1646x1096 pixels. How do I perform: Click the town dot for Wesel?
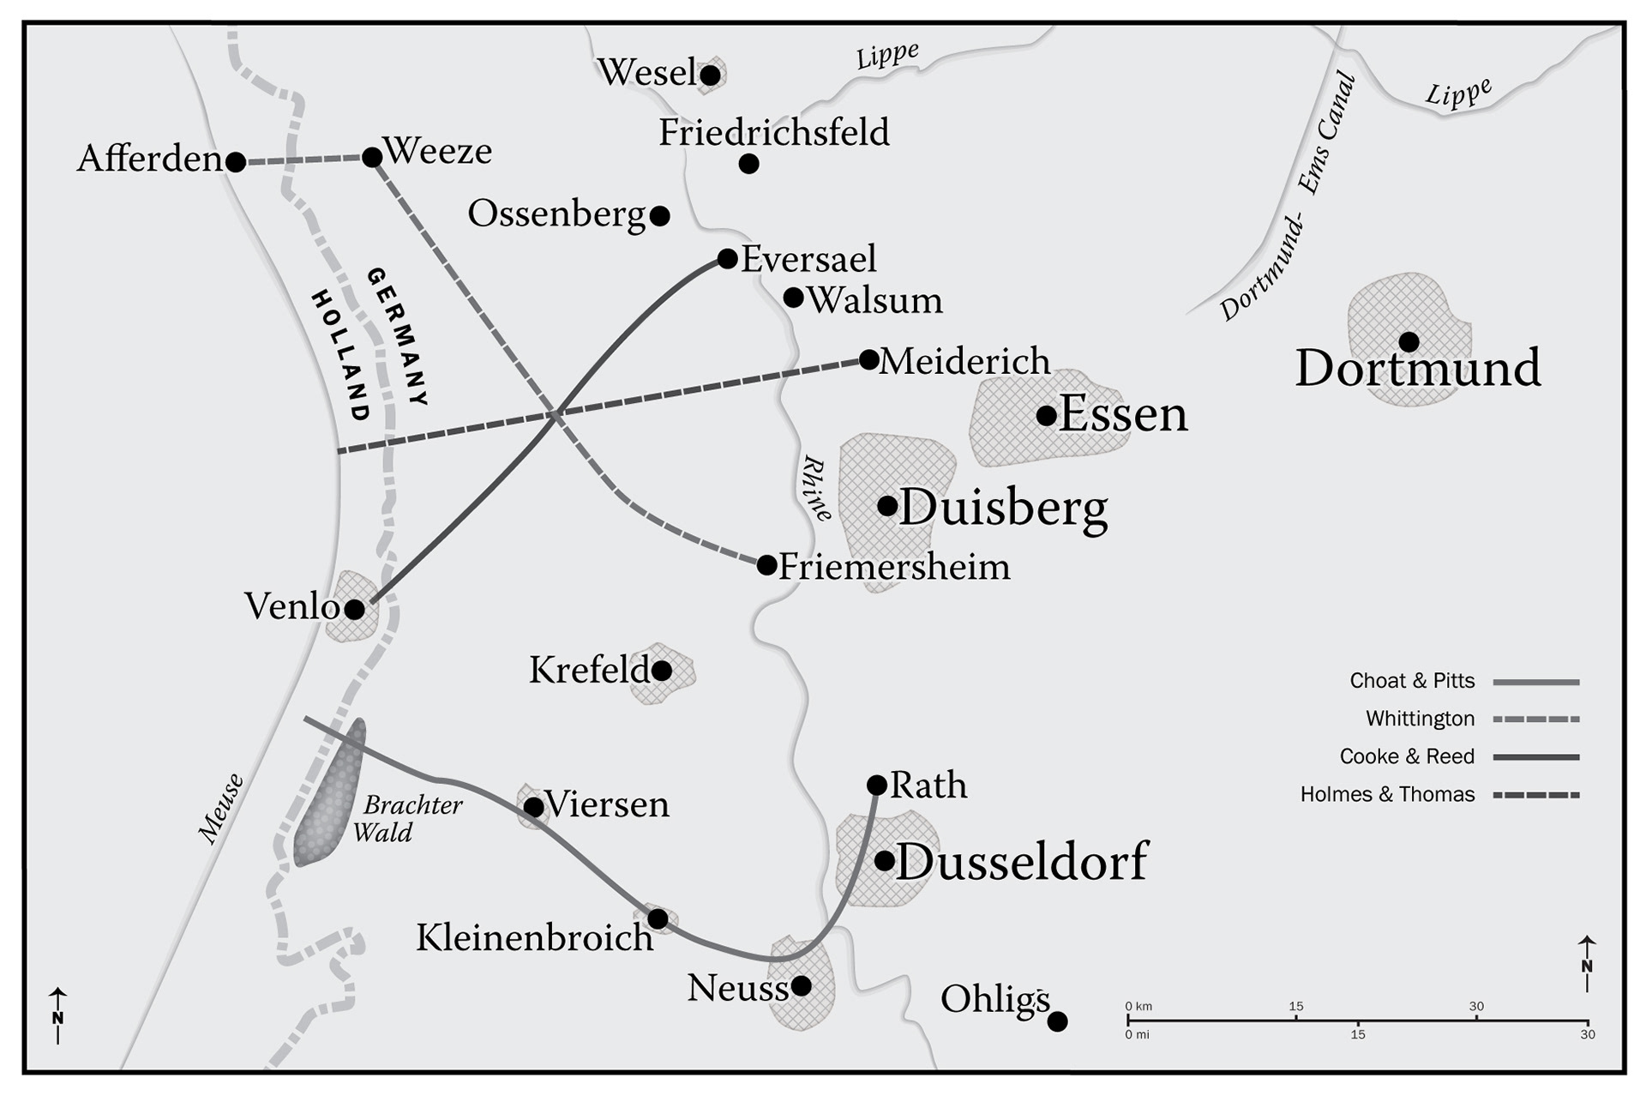(x=710, y=75)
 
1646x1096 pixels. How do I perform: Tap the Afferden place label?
(x=150, y=159)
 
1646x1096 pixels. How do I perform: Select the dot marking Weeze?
(x=371, y=158)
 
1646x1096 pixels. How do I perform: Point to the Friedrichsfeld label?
(x=773, y=133)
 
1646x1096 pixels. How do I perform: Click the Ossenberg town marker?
(x=659, y=215)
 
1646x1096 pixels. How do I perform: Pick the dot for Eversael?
(x=727, y=258)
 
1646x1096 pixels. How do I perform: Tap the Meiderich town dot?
(x=868, y=358)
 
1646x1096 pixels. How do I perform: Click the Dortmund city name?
(x=1417, y=369)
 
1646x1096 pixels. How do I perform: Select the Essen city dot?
(x=1046, y=416)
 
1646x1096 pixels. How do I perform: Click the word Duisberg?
(x=1003, y=508)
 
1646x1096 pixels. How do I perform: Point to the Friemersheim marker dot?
(x=766, y=565)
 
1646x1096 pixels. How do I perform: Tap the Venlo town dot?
(x=354, y=610)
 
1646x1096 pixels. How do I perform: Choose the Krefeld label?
(x=590, y=671)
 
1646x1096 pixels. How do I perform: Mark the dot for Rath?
(x=876, y=785)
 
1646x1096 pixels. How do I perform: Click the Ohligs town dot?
(x=1058, y=1021)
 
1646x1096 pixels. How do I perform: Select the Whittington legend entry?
(x=1420, y=719)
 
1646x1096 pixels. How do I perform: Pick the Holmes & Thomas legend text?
(x=1387, y=794)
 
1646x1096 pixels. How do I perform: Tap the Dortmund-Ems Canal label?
(x=1291, y=197)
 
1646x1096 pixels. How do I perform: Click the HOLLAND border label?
(x=340, y=355)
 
